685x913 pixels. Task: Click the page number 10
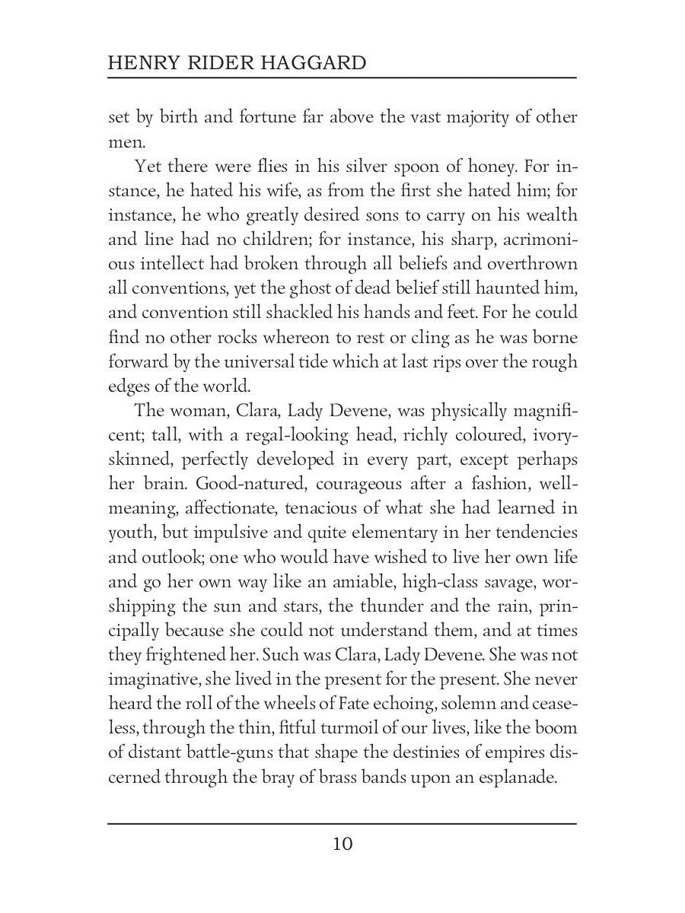342,845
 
